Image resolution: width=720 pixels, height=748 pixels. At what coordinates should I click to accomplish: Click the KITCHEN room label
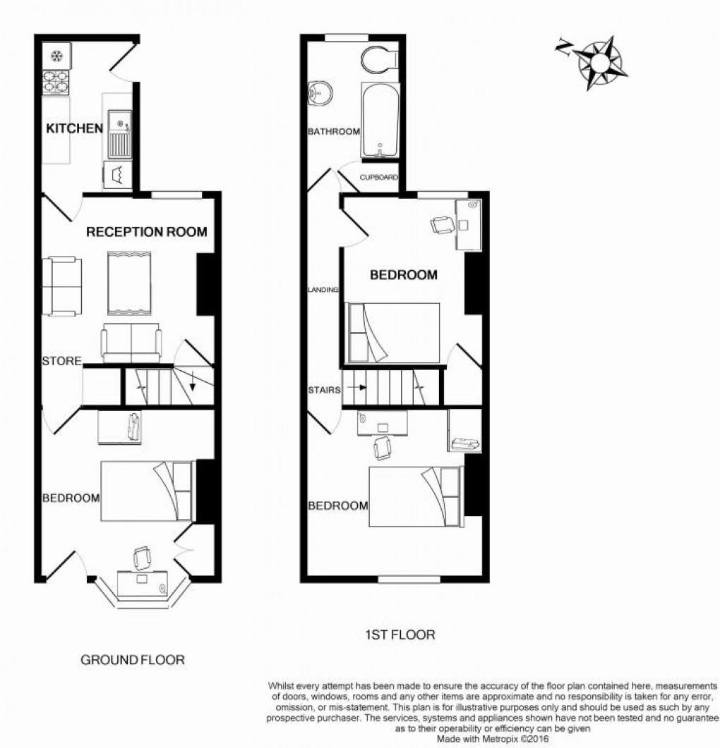[x=74, y=128]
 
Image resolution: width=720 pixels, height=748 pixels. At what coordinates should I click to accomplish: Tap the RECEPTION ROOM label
[x=147, y=231]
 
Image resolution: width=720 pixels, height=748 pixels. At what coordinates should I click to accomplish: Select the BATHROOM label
[x=333, y=132]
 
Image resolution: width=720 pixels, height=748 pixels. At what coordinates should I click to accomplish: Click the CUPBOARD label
[x=379, y=178]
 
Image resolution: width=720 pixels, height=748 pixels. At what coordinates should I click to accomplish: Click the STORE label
[x=61, y=362]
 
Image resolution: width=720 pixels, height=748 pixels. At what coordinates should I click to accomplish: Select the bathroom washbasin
[x=321, y=92]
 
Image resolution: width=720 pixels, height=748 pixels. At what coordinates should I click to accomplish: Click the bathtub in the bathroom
[x=380, y=121]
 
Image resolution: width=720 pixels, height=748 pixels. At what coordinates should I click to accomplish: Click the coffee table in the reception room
[x=128, y=283]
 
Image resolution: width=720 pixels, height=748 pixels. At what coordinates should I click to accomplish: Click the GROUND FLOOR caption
[x=133, y=660]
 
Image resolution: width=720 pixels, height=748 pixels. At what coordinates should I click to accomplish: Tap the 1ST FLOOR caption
[x=400, y=634]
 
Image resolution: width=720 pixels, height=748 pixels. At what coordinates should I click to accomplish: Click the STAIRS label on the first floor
[x=325, y=389]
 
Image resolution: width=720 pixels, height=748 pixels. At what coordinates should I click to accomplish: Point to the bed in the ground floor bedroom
[x=147, y=491]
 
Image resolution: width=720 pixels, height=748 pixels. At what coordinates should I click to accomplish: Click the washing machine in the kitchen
[x=116, y=174]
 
